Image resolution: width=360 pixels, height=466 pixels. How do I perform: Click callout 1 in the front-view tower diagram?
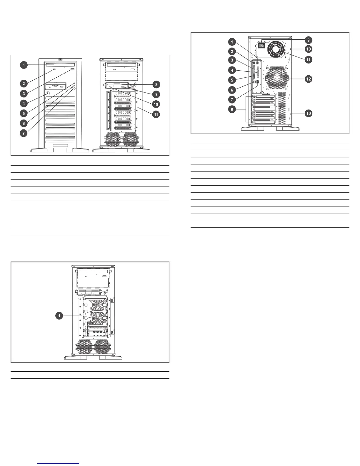tap(24, 65)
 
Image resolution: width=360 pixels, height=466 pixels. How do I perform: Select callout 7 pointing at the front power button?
tap(24, 133)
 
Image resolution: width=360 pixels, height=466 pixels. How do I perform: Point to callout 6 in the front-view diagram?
tap(24, 123)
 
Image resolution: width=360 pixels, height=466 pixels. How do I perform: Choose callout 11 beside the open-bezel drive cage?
tap(156, 114)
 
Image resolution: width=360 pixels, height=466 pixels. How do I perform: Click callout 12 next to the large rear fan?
tap(308, 79)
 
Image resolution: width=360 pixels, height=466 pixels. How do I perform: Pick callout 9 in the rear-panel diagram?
tap(308, 40)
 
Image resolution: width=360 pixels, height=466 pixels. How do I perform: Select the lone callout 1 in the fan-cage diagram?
tap(60, 315)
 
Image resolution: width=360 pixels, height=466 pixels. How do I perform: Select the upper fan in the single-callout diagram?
tap(97, 305)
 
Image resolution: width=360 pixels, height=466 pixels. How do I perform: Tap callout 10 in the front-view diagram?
tap(156, 104)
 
